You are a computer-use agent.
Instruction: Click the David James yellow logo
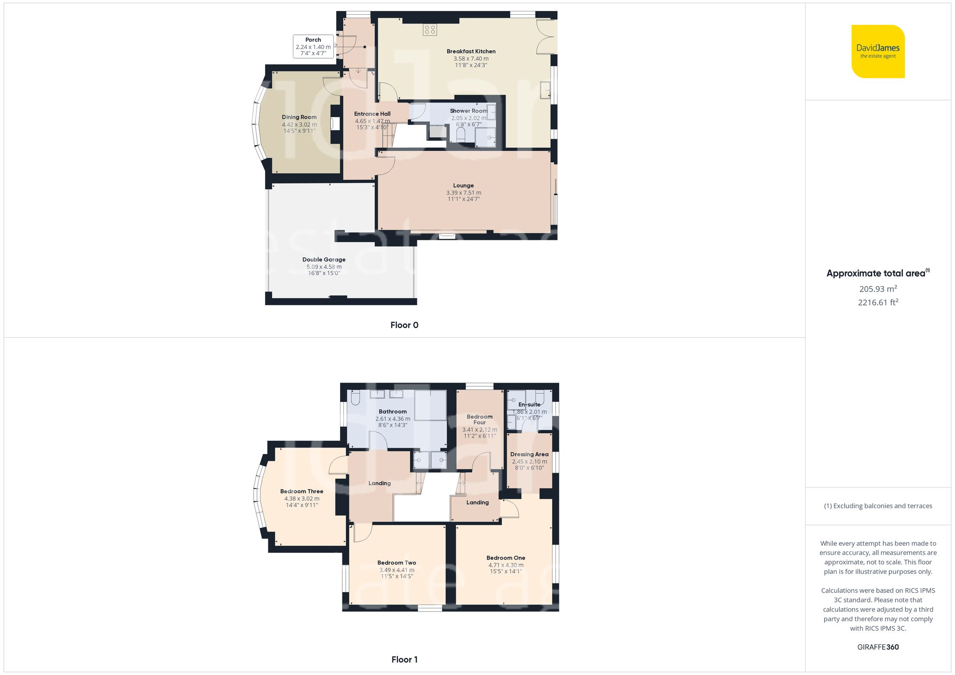click(878, 52)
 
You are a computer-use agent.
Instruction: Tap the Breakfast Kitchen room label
click(471, 52)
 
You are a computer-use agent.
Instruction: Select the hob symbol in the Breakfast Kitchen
click(430, 30)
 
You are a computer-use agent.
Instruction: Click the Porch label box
click(313, 47)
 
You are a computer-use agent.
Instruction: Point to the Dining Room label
click(299, 117)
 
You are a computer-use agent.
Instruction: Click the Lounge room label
click(463, 186)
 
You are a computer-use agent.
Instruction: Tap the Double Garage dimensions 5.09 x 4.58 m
click(324, 267)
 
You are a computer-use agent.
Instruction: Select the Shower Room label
click(468, 111)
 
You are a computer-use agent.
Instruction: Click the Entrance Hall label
click(372, 114)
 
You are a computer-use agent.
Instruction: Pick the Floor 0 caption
click(404, 325)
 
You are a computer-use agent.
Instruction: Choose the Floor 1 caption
click(404, 659)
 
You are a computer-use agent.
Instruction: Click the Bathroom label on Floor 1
click(393, 412)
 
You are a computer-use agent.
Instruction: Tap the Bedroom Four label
click(479, 419)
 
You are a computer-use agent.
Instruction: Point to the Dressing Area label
click(529, 454)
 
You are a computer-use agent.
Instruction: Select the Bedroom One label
click(506, 558)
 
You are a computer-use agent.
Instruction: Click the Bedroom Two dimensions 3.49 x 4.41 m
click(397, 570)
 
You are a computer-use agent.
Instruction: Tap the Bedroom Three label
click(302, 491)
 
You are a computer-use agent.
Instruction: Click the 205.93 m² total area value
click(878, 289)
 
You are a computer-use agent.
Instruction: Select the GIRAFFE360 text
click(878, 647)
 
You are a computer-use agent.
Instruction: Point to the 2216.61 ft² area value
click(878, 302)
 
